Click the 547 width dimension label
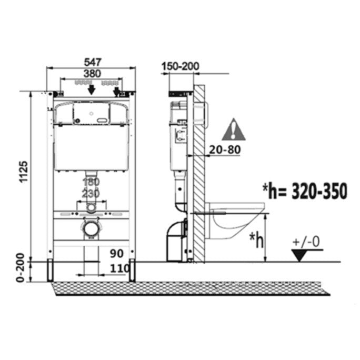tap(93, 62)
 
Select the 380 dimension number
tap(92, 74)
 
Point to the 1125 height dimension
tap(23, 172)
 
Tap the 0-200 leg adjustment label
tap(20, 267)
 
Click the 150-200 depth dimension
tap(180, 66)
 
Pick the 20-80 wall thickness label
tap(225, 149)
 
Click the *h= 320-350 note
tap(305, 191)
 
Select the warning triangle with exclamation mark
tap(234, 129)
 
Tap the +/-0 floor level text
tap(306, 242)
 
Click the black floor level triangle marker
tap(299, 255)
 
